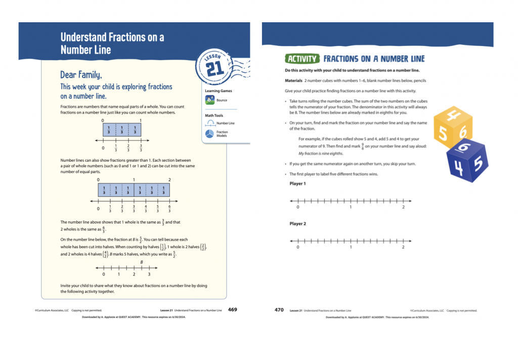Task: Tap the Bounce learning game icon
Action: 210,100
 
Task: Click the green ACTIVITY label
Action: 302,59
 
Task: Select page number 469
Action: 232,309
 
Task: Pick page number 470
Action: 279,310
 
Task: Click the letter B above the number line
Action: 142,262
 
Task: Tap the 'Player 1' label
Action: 297,184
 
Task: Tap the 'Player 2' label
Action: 297,223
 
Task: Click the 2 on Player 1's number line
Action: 403,207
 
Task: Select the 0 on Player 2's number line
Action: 297,247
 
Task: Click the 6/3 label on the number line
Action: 169,208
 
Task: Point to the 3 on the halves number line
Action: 149,274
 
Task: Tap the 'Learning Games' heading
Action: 218,91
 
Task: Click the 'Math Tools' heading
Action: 214,115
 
